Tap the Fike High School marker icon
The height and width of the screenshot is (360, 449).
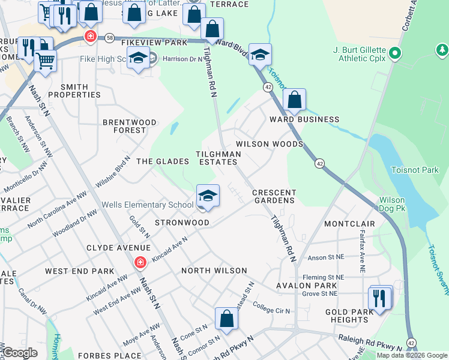coord(139,59)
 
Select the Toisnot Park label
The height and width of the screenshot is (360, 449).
coord(415,170)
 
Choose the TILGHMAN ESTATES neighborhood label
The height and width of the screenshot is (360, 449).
coord(218,158)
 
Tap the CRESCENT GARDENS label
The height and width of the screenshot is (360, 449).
coord(274,196)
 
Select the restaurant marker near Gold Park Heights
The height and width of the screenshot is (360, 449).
coord(379,298)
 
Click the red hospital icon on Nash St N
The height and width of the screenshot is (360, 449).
coord(139,262)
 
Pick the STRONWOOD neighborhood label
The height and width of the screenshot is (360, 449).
coord(182,223)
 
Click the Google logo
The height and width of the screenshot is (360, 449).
coord(20,353)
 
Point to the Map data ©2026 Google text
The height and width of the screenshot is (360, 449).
coord(411,355)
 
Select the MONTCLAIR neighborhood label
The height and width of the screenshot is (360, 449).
coord(349,223)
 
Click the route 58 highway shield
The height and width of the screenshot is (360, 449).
coord(109,38)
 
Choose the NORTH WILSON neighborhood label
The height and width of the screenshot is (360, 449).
coord(214,271)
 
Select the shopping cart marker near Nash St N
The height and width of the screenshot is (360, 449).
coord(46,60)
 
